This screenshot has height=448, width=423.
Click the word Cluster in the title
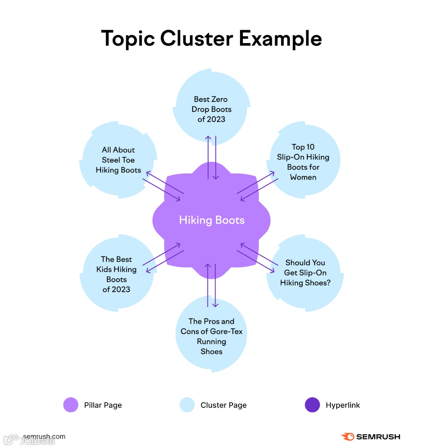click(197, 38)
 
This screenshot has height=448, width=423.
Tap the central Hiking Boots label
click(211, 220)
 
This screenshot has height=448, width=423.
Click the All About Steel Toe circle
click(118, 160)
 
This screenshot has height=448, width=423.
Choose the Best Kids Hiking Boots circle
click(116, 274)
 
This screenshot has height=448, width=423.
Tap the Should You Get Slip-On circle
click(305, 272)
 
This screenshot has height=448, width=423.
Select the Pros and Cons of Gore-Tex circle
click(211, 336)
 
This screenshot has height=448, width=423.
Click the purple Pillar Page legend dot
click(71, 405)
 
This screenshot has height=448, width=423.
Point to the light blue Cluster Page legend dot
click(187, 405)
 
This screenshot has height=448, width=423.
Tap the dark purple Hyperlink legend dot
click(312, 405)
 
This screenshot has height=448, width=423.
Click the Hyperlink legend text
click(343, 405)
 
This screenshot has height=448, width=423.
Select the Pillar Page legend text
click(103, 405)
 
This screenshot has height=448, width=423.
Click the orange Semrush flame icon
click(348, 437)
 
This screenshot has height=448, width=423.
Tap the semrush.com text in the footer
click(44, 437)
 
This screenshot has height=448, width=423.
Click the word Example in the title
click(280, 38)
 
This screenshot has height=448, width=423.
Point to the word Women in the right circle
click(303, 177)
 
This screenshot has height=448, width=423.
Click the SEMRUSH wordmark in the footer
click(378, 437)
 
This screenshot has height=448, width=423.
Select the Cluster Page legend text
click(224, 405)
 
